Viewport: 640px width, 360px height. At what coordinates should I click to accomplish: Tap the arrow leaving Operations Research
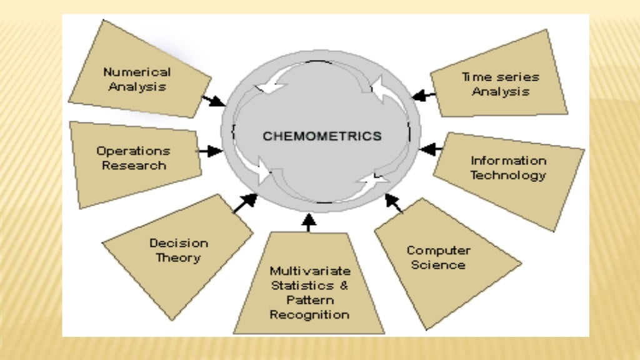[x=209, y=151]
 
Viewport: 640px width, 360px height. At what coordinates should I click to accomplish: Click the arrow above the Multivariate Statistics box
[x=309, y=222]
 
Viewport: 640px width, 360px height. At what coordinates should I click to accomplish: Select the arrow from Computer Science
[x=394, y=204]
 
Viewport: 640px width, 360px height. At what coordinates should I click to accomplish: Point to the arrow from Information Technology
[x=432, y=149]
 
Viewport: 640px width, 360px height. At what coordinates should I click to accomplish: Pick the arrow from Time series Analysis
[x=424, y=96]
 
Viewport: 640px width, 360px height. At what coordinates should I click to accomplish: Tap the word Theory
[x=178, y=257]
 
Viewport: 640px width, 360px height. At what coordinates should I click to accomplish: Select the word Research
[x=134, y=166]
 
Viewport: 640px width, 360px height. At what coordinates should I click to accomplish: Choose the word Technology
[x=507, y=175]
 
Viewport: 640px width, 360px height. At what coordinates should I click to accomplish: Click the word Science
[x=438, y=265]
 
